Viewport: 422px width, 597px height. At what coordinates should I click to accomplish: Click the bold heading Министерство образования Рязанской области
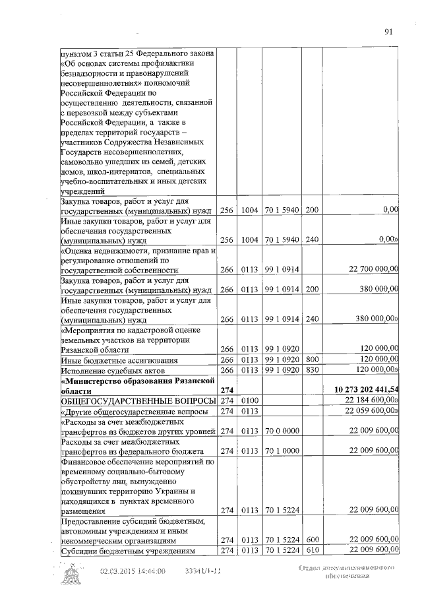pyautogui.click(x=138, y=385)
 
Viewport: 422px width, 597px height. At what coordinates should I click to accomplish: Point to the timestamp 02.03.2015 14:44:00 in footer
pyautogui.click(x=133, y=572)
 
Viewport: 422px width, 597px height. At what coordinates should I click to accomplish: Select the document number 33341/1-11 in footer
pyautogui.click(x=203, y=572)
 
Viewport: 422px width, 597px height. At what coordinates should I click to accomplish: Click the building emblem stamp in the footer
pyautogui.click(x=73, y=575)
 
